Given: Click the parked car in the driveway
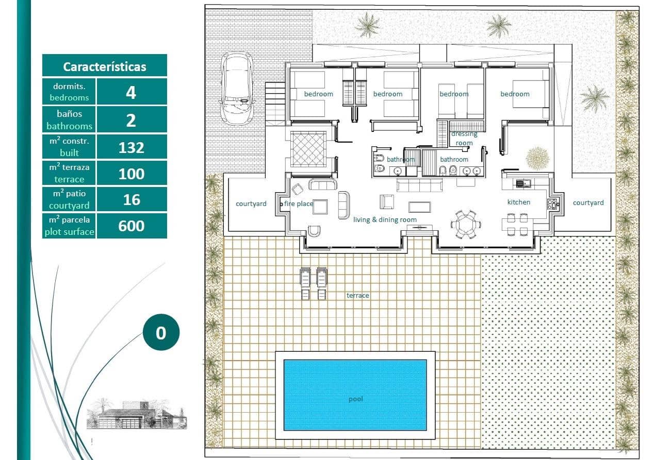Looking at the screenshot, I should [237, 88].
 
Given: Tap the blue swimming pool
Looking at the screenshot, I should [355, 395].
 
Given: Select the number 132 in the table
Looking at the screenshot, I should [132, 147].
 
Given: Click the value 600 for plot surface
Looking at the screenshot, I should [132, 226].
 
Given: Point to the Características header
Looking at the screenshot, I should [105, 66].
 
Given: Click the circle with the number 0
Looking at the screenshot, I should [161, 333].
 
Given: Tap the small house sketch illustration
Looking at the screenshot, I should [136, 414].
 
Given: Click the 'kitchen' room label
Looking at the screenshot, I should [518, 202].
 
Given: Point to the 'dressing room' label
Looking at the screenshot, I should [464, 139].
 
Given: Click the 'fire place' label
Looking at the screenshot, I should [299, 204].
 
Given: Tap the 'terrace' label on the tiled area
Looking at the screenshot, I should [357, 296].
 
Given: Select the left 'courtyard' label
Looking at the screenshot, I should [251, 204].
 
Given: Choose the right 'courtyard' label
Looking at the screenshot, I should [588, 203].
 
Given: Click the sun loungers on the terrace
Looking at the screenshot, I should [314, 283].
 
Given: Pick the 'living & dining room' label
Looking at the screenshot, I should [385, 220].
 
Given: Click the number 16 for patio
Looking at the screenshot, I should [132, 199].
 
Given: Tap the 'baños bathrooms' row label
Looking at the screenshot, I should [69, 120].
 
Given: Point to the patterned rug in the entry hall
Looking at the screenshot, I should [308, 149].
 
